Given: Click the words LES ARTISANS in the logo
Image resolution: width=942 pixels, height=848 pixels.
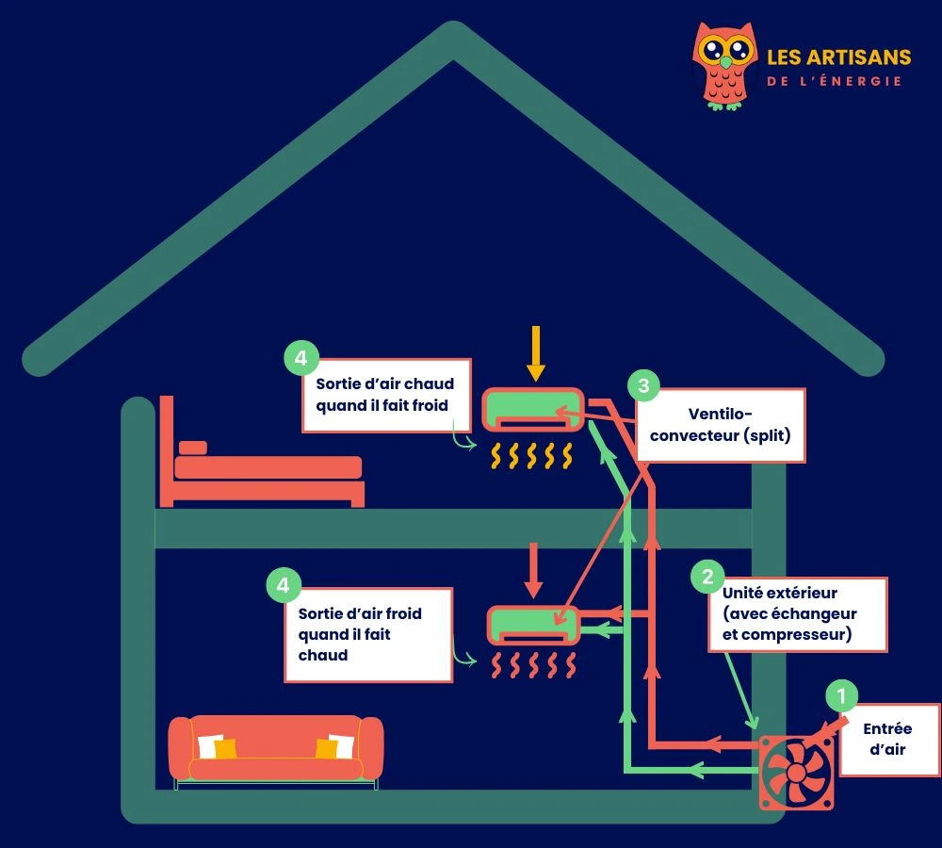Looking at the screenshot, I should pyautogui.click(x=838, y=57).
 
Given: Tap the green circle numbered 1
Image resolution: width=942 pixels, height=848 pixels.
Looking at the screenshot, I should pyautogui.click(x=841, y=696).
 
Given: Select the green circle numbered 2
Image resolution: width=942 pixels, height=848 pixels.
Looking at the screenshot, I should pyautogui.click(x=707, y=576).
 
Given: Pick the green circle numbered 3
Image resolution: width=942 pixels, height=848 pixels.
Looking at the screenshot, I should pyautogui.click(x=643, y=385).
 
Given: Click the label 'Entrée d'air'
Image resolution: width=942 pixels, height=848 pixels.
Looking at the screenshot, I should pyautogui.click(x=888, y=740).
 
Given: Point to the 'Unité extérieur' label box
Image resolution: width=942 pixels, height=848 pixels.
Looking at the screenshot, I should pyautogui.click(x=799, y=614).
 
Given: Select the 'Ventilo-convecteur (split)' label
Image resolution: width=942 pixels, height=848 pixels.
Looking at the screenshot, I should pyautogui.click(x=721, y=425).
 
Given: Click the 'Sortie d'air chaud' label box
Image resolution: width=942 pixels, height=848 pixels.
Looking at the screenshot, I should pyautogui.click(x=386, y=395).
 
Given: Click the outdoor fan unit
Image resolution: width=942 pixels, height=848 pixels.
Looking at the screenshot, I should pyautogui.click(x=797, y=772).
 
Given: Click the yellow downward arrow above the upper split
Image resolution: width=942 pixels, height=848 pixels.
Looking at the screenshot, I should pyautogui.click(x=535, y=353).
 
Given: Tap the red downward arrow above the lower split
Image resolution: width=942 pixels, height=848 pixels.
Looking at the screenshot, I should pyautogui.click(x=534, y=569).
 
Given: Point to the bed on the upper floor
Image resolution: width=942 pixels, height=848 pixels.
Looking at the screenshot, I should pyautogui.click(x=264, y=467).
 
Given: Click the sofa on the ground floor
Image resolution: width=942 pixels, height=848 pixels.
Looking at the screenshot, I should pyautogui.click(x=275, y=749).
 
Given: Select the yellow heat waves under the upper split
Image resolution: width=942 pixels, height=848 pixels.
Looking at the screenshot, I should pyautogui.click(x=531, y=457).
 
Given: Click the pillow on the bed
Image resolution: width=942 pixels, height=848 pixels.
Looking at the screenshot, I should pyautogui.click(x=192, y=447).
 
